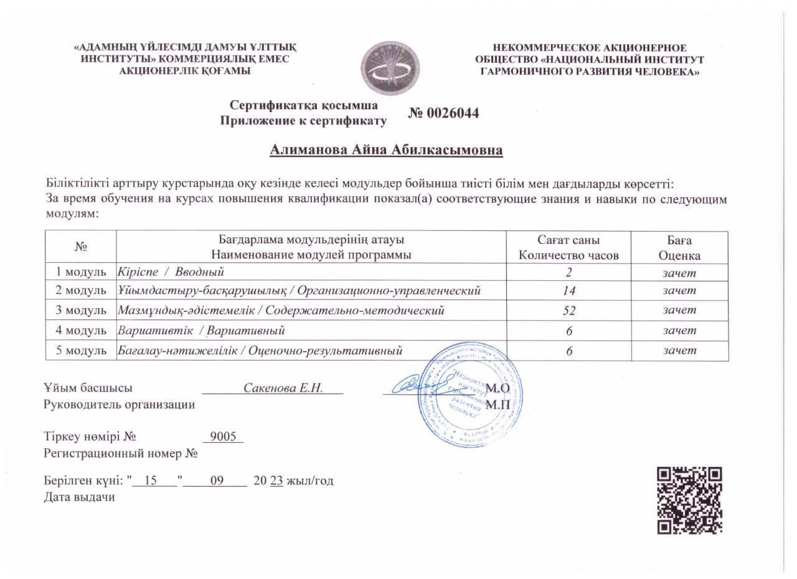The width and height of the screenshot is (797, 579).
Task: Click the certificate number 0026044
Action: point(444,113)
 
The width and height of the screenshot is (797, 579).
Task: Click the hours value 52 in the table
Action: point(569,311)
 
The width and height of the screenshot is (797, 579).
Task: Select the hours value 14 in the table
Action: point(569,291)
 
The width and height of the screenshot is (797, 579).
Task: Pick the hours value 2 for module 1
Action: point(569,272)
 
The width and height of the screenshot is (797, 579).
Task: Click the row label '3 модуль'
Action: point(82,310)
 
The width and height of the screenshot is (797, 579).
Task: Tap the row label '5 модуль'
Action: point(82,351)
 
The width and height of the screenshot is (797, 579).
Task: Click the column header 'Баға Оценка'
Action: point(679,248)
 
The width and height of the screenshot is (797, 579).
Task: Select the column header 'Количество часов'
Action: point(569,255)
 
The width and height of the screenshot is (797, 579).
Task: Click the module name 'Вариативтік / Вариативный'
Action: point(202,331)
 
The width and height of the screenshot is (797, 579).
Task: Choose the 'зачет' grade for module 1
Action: point(679,272)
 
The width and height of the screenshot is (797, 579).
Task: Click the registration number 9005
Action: point(224,436)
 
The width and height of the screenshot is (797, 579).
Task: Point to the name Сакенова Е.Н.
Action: point(283,388)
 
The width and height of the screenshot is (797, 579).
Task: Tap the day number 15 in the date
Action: point(149,481)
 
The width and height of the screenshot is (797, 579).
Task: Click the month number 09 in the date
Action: point(217,481)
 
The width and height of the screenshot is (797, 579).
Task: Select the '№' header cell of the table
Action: point(82,247)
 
